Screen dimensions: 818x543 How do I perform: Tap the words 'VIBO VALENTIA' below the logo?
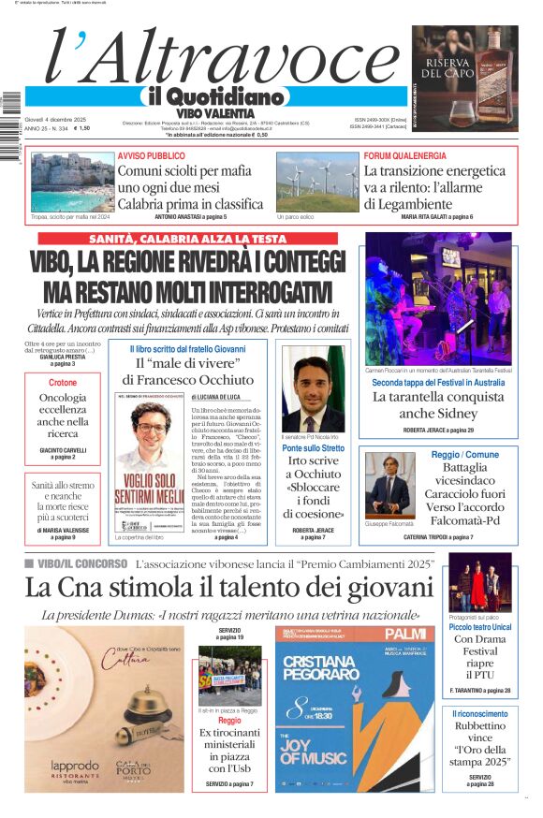214,113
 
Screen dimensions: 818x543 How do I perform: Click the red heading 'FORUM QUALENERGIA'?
404,155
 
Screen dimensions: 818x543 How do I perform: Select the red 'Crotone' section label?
63,384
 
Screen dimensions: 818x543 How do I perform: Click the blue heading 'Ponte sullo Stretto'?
313,448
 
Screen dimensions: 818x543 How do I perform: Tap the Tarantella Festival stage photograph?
438,299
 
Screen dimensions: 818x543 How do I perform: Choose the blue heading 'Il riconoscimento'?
479,713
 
